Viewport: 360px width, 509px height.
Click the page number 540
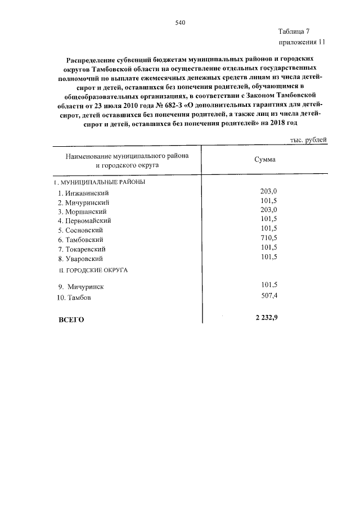(x=180, y=23)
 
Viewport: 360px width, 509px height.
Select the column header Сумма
(x=264, y=160)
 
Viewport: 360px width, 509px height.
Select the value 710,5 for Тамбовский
(x=269, y=238)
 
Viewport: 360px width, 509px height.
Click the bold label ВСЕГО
(x=71, y=319)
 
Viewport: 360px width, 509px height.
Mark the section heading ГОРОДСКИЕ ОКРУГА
(x=97, y=271)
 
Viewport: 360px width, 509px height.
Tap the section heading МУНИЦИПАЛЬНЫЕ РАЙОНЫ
(x=101, y=183)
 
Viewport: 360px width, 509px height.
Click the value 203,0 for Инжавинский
(x=269, y=191)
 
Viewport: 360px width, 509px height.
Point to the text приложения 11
(x=301, y=42)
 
